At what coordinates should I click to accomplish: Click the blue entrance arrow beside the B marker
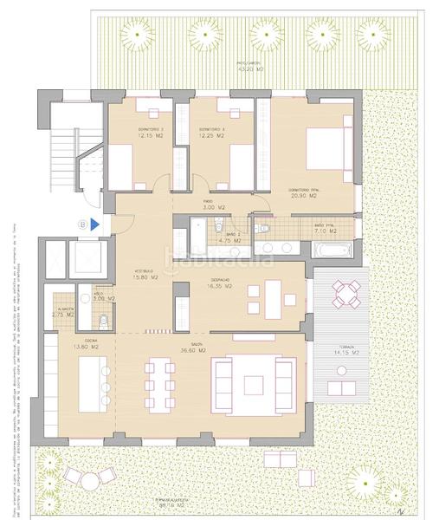point(94,224)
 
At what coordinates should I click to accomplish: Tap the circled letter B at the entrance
point(83,224)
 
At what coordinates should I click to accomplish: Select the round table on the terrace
point(347,295)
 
